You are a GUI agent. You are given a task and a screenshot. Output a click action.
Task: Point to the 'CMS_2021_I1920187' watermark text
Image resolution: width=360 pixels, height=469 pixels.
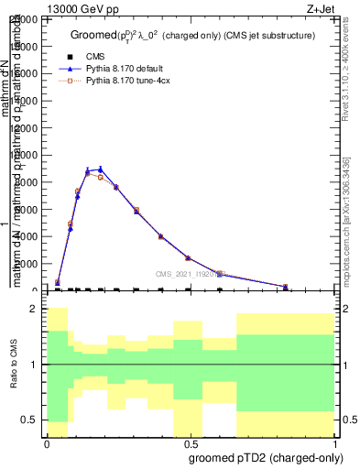[x=188, y=273]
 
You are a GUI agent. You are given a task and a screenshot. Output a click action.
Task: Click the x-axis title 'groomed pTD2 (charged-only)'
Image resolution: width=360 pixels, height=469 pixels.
[x=259, y=457]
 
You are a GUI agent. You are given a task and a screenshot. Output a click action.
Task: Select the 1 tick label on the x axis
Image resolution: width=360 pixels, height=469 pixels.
[x=334, y=444]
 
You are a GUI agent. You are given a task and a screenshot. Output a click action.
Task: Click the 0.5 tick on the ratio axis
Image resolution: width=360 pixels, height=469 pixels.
[x=31, y=420]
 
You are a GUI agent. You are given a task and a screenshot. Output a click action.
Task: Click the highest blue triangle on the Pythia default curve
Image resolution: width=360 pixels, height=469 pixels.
[x=101, y=169]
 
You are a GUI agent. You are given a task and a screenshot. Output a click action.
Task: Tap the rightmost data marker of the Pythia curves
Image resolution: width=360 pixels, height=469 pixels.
[x=286, y=286]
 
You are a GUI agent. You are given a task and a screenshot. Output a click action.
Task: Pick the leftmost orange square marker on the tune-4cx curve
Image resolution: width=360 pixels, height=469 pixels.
[x=58, y=282]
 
